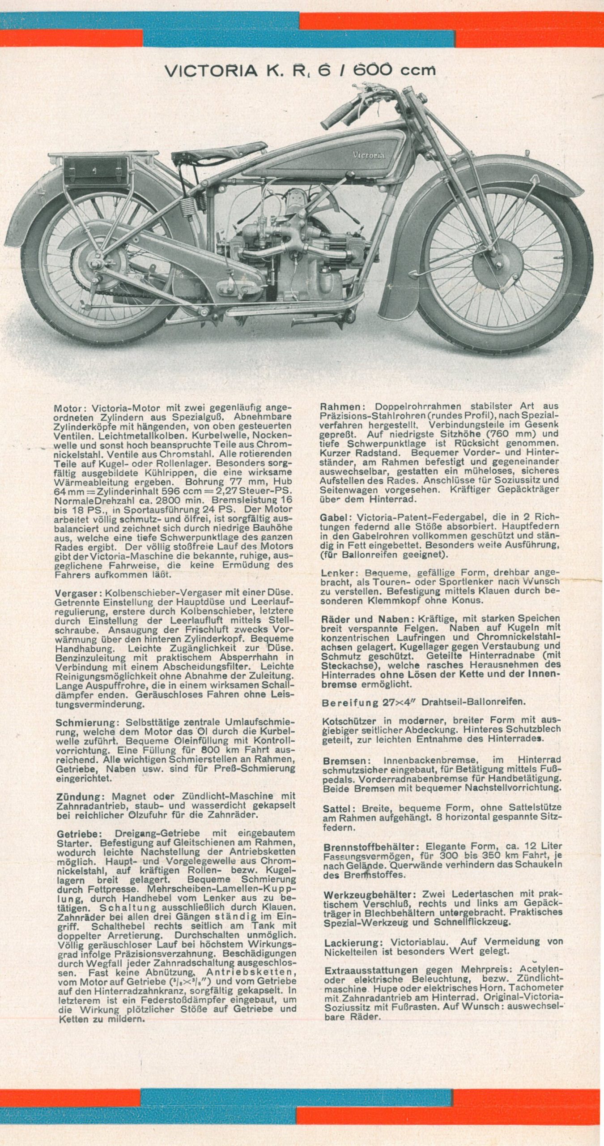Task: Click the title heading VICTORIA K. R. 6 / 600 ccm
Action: pos(299,70)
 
